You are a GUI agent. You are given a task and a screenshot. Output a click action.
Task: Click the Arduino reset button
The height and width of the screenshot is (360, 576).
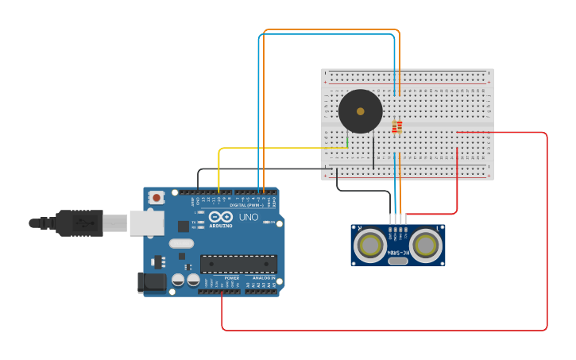(x=157, y=197)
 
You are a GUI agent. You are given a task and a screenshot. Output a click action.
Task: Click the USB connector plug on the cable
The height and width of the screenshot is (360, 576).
(x=79, y=223)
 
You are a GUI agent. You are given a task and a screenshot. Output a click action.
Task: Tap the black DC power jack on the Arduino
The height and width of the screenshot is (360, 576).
(x=152, y=282)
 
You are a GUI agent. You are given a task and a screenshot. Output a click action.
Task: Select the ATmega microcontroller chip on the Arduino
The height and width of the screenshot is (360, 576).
(x=238, y=264)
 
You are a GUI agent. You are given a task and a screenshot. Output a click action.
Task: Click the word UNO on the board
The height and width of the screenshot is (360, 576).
(x=248, y=217)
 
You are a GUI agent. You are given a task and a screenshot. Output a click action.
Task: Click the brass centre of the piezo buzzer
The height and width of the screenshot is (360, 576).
(x=360, y=111)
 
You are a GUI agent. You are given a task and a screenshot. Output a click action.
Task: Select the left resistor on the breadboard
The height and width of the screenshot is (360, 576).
(x=394, y=127)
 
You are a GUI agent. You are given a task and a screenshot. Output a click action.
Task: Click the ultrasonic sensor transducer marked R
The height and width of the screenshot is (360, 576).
(x=370, y=245)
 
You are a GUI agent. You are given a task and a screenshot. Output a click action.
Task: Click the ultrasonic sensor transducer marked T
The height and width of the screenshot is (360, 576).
(x=426, y=245)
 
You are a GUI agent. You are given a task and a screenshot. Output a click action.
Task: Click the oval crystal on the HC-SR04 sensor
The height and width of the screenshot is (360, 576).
(x=398, y=261)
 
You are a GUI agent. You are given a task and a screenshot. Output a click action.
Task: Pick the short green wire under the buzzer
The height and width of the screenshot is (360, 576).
(x=347, y=141)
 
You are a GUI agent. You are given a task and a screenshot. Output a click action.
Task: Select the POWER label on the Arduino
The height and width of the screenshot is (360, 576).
(x=231, y=278)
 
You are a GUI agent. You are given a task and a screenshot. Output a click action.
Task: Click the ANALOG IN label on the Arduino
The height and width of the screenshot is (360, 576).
(x=264, y=278)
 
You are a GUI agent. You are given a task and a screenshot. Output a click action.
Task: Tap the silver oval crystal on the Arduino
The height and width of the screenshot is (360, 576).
(x=180, y=244)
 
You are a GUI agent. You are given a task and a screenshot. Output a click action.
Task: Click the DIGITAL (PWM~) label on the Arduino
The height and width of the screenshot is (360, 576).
(x=243, y=205)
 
